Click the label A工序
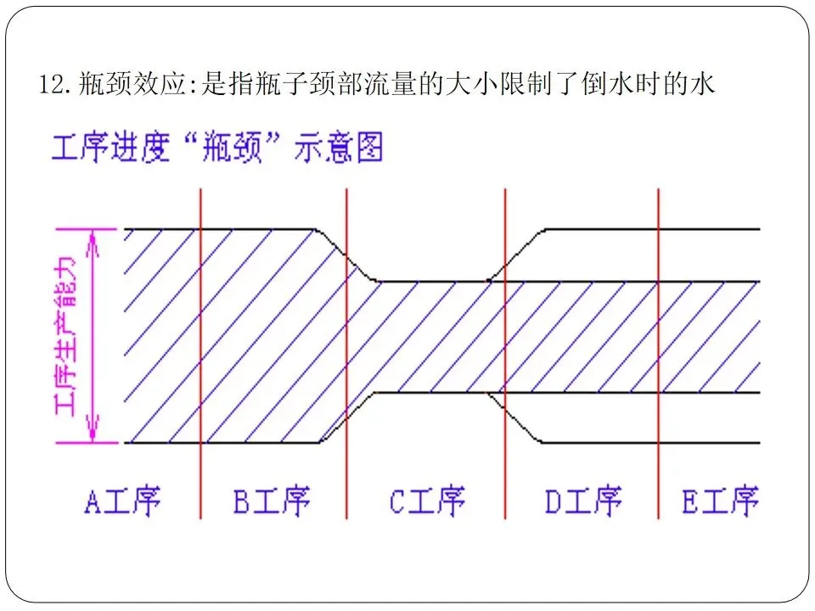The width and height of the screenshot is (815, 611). click(x=123, y=501)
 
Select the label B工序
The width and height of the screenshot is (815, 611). click(x=272, y=501)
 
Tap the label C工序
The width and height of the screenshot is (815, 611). click(x=427, y=501)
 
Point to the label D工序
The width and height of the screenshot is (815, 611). click(x=582, y=501)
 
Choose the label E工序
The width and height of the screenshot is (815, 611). click(x=720, y=501)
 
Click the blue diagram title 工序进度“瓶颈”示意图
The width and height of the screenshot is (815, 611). click(x=217, y=149)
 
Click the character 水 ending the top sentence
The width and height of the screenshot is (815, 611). click(x=705, y=85)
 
